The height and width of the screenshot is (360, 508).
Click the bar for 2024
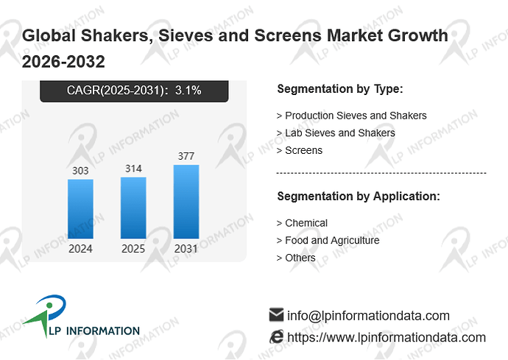point(80,209)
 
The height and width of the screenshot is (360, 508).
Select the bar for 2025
point(133,208)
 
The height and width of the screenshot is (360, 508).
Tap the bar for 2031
point(186,202)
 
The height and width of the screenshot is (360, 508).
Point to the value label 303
point(80,171)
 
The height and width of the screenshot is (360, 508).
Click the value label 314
point(133,169)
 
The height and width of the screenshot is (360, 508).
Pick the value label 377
point(186,156)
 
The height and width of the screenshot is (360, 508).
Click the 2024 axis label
point(80,249)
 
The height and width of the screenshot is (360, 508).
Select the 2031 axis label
point(186,249)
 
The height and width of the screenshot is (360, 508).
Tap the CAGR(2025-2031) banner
point(134,91)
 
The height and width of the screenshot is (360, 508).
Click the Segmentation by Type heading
point(340,89)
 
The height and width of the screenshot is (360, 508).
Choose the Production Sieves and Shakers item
point(351,116)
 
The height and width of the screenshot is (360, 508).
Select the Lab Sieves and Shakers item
point(336,133)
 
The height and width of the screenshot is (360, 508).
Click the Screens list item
point(300,150)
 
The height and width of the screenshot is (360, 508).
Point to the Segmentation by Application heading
point(359,197)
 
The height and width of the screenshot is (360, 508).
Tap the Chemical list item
point(302,223)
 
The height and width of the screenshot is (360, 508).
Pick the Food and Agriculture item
point(328,241)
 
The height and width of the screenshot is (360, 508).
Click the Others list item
point(296,258)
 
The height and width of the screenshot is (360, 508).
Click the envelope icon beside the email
point(276,314)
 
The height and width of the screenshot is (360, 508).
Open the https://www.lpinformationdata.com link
point(387,337)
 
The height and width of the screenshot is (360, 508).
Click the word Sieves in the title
point(186,35)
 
